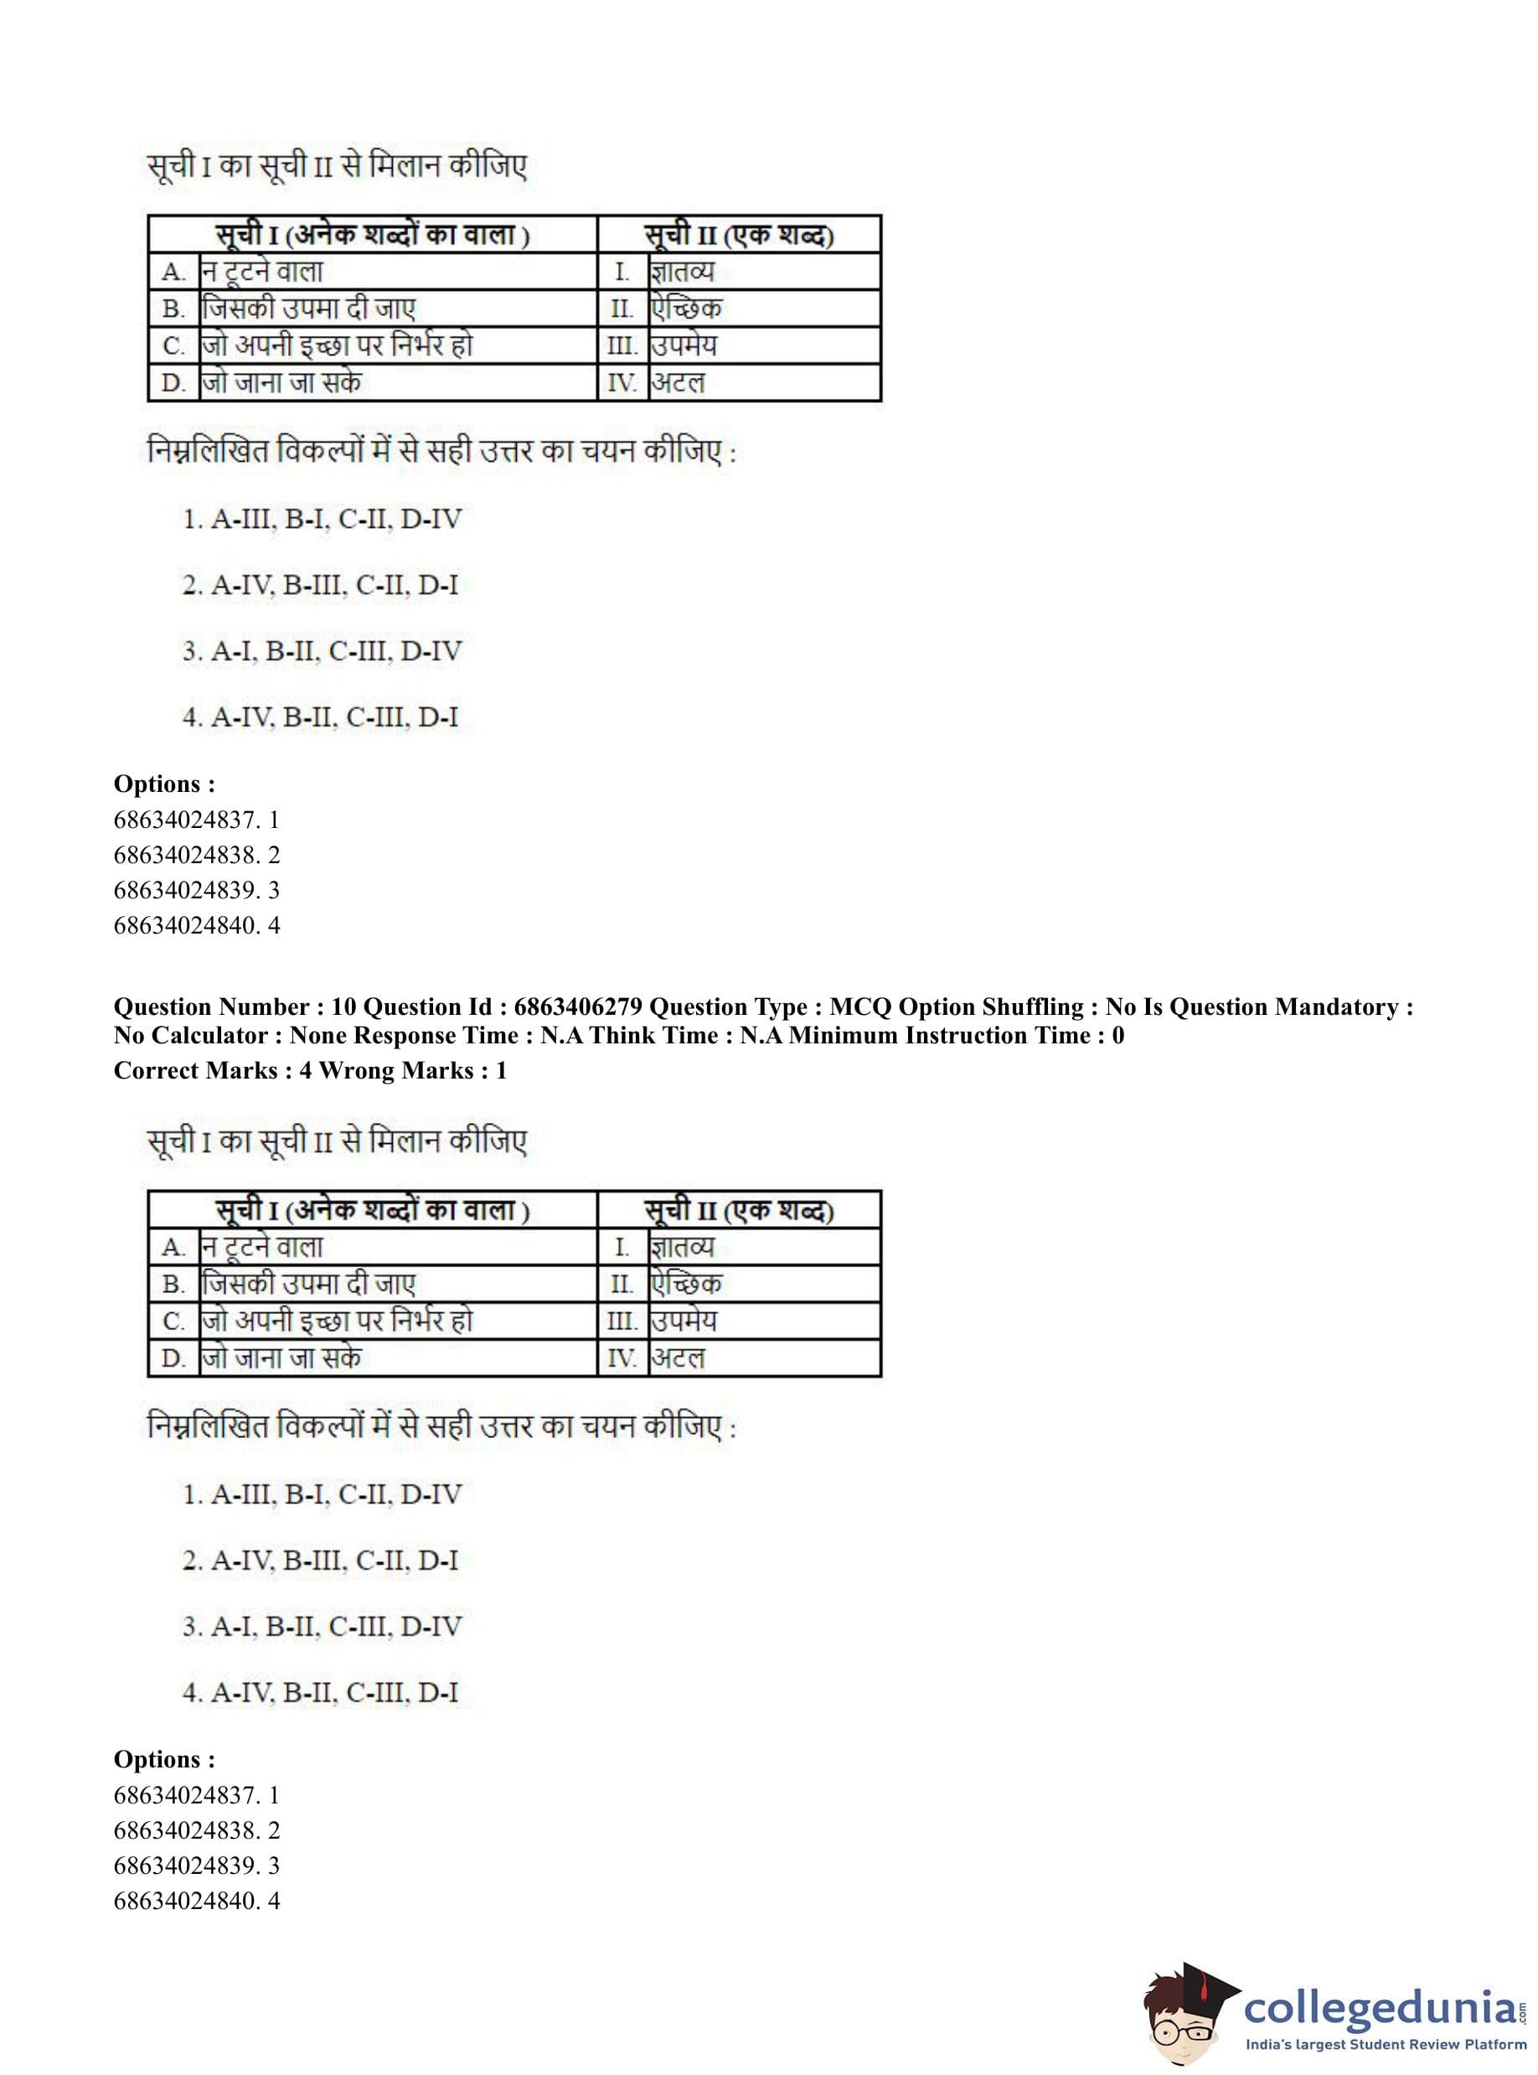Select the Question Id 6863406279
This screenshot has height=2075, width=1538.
tap(577, 1006)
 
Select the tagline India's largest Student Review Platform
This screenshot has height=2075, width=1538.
tap(1386, 2044)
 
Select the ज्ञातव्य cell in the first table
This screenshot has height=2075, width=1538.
tap(683, 272)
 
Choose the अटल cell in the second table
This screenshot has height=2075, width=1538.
tap(678, 1358)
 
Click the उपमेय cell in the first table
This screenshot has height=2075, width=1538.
tap(684, 345)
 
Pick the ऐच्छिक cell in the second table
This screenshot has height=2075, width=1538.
tap(686, 1284)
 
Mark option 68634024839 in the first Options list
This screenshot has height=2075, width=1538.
tap(197, 890)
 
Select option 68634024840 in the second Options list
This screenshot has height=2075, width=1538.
tap(197, 1901)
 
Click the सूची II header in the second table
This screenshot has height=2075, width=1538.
tap(739, 1210)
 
